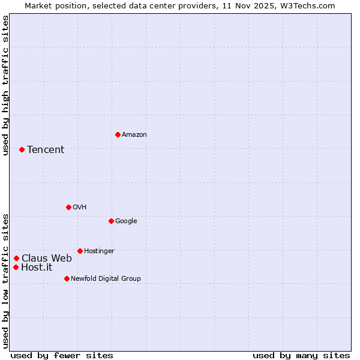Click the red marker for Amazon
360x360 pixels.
[118, 134]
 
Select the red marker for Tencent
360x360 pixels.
[22, 149]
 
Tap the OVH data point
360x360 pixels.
[68, 207]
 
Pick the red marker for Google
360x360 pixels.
[111, 221]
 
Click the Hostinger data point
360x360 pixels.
[80, 251]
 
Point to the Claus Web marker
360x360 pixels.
[16, 259]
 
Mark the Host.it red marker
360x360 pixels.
[16, 267]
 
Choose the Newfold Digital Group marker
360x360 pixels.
[67, 278]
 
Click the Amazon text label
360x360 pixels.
[134, 135]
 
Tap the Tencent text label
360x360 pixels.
[46, 150]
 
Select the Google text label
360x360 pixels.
[126, 221]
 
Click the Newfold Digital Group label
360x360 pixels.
[106, 279]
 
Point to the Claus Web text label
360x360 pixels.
[47, 259]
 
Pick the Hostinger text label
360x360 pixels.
[99, 251]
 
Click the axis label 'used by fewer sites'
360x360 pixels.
[62, 355]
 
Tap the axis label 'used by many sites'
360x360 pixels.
[301, 355]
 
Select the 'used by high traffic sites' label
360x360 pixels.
[6, 86]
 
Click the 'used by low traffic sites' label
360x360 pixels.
[6, 281]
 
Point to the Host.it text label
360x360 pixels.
[37, 268]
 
